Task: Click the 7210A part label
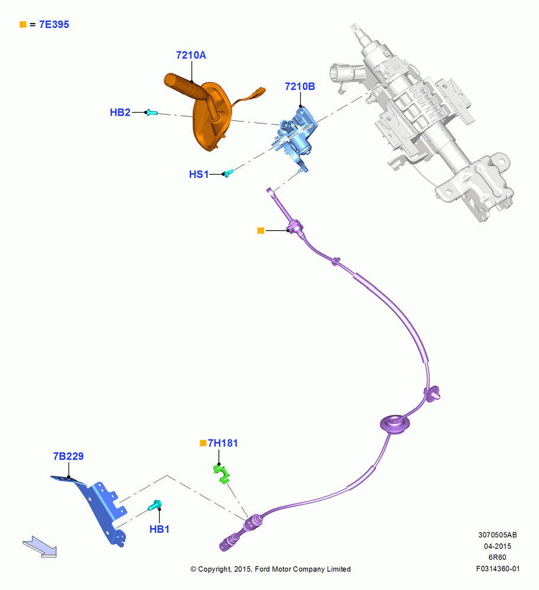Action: click(191, 55)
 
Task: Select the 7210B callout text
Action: click(300, 87)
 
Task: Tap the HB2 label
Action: click(120, 113)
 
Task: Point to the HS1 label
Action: click(199, 174)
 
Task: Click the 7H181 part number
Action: click(223, 443)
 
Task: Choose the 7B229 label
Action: click(68, 457)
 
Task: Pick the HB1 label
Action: click(160, 529)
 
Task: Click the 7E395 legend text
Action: click(54, 25)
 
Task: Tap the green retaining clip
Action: click(222, 474)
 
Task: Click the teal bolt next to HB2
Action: click(151, 112)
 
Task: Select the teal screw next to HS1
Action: click(228, 173)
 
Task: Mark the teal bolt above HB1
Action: click(155, 504)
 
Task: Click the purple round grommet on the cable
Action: click(395, 424)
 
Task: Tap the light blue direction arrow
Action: click(40, 547)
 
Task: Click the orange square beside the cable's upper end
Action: click(261, 230)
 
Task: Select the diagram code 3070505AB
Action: click(498, 535)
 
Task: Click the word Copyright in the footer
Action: click(214, 569)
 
